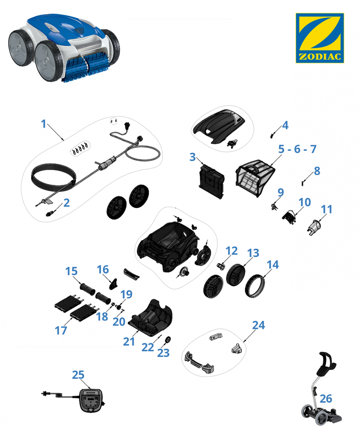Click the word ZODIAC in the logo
pyautogui.click(x=320, y=57)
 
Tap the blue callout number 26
pyautogui.click(x=326, y=399)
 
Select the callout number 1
pyautogui.click(x=43, y=124)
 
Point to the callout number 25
pyautogui.click(x=78, y=375)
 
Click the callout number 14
pyautogui.click(x=272, y=265)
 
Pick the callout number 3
pyautogui.click(x=192, y=157)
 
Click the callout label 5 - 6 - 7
pyautogui.click(x=297, y=149)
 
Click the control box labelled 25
pyautogui.click(x=91, y=400)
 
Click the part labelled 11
pyautogui.click(x=315, y=227)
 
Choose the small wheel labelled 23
pyautogui.click(x=168, y=340)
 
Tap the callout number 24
pyautogui.click(x=258, y=325)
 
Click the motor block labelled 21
pyautogui.click(x=151, y=318)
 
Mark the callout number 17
pyautogui.click(x=61, y=330)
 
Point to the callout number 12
pyautogui.click(x=231, y=251)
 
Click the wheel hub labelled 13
pyautogui.click(x=236, y=275)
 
